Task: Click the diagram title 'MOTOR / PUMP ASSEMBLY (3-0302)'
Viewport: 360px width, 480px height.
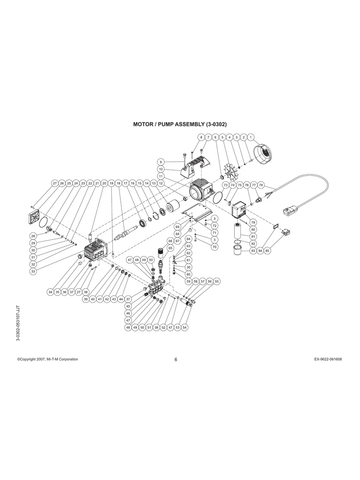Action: [x=180, y=124]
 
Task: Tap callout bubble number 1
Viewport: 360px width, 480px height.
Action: [x=251, y=137]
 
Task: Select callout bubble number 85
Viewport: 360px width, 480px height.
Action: [x=267, y=251]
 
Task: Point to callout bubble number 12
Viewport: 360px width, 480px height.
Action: [x=161, y=184]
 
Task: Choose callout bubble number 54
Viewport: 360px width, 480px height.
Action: [x=184, y=328]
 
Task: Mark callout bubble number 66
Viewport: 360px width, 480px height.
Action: [x=170, y=241]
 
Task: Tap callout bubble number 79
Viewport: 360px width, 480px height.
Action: [x=253, y=222]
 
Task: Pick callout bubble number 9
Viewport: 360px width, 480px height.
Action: [x=161, y=162]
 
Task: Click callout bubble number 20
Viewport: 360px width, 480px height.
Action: [x=104, y=184]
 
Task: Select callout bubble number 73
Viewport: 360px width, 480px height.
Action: [x=225, y=185]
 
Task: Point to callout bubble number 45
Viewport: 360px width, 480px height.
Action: [x=128, y=306]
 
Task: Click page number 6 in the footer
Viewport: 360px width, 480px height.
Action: [x=176, y=360]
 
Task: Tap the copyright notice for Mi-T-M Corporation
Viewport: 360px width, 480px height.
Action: [x=48, y=359]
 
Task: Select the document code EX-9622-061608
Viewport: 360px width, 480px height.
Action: [x=328, y=359]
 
